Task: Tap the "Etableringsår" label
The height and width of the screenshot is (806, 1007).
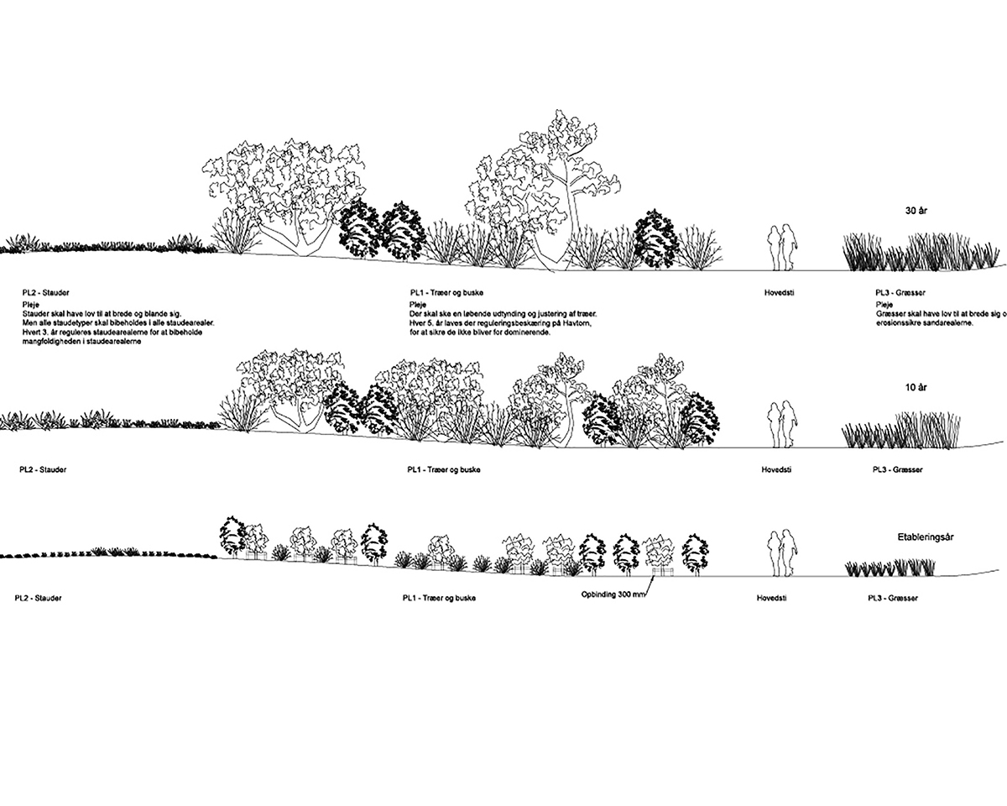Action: [926, 535]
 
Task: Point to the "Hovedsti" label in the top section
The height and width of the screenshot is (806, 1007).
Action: [775, 292]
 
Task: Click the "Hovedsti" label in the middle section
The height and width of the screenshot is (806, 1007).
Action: [775, 469]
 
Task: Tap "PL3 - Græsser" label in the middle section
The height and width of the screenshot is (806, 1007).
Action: [897, 469]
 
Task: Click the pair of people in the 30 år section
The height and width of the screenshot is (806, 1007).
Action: [784, 246]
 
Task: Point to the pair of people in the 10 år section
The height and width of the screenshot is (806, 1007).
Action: [784, 425]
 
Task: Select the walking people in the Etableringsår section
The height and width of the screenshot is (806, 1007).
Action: [784, 552]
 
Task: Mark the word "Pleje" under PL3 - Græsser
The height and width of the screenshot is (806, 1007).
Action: [884, 303]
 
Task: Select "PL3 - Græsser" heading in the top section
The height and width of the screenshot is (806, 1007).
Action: [897, 292]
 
